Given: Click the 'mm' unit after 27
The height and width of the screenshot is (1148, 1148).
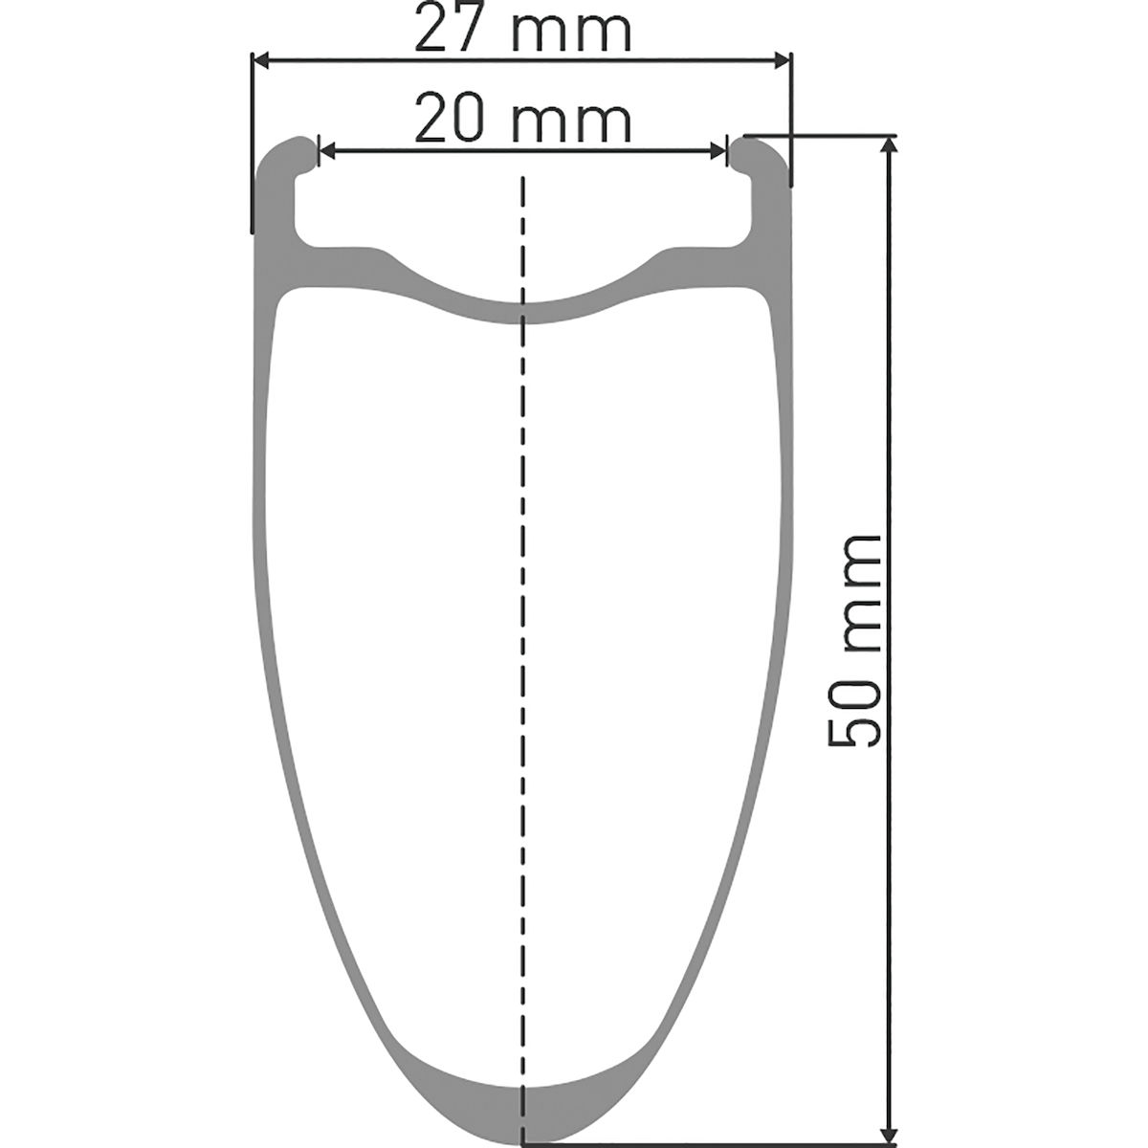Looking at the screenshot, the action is pyautogui.click(x=571, y=35).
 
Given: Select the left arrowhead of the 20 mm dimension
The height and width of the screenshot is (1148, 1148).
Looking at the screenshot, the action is pyautogui.click(x=328, y=151).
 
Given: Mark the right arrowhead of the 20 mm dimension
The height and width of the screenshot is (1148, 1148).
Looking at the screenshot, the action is pyautogui.click(x=717, y=151).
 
